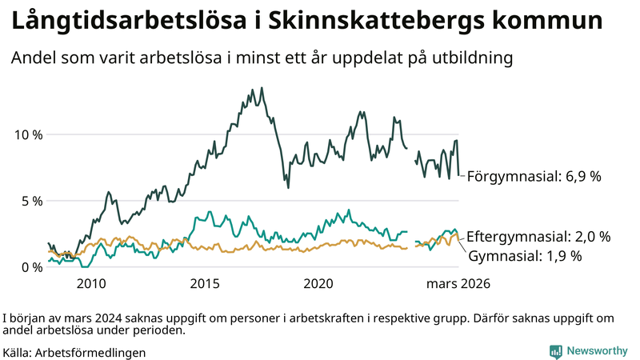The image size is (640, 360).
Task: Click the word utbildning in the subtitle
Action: (468, 58)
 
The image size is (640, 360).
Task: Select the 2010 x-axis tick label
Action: (91, 283)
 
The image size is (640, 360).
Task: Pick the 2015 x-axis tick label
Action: (206, 283)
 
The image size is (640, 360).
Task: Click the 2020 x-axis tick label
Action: (319, 283)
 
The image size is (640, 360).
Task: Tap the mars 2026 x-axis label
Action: (457, 283)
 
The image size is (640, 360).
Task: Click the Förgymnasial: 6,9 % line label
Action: (534, 176)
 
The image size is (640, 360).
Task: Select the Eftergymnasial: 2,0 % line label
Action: (538, 237)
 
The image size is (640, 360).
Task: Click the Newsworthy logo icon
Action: (555, 350)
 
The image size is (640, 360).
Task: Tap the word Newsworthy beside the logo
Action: (598, 350)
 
